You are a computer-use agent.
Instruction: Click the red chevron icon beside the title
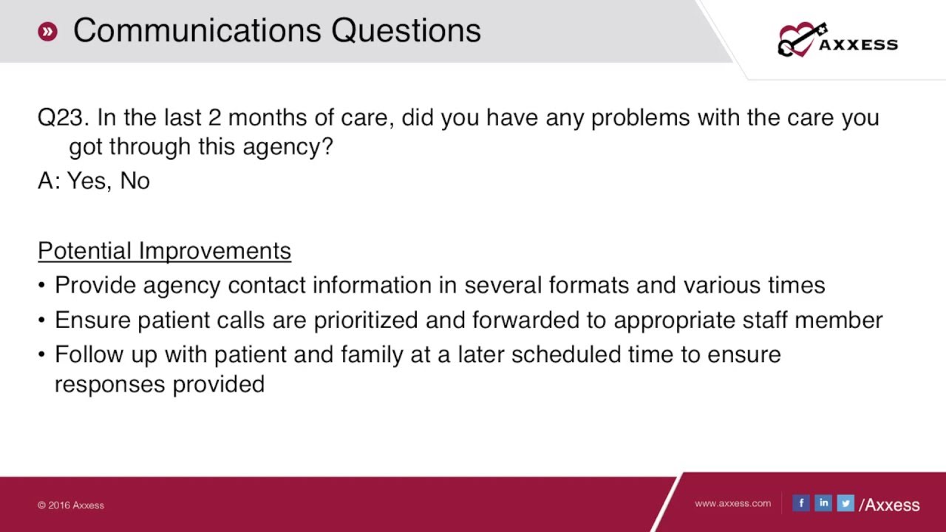[47, 31]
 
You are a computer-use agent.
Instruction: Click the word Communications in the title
[197, 31]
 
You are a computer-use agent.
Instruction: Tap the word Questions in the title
[406, 31]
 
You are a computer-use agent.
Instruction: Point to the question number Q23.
[63, 118]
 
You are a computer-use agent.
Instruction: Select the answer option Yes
[88, 181]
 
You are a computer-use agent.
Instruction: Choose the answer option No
[135, 181]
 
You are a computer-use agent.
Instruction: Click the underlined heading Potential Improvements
[164, 251]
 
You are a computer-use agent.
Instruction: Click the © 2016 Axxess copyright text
[71, 505]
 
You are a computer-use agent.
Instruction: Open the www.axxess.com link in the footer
[732, 503]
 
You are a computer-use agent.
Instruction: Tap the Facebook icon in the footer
[801, 503]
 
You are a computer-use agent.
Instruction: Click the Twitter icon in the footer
[845, 503]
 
